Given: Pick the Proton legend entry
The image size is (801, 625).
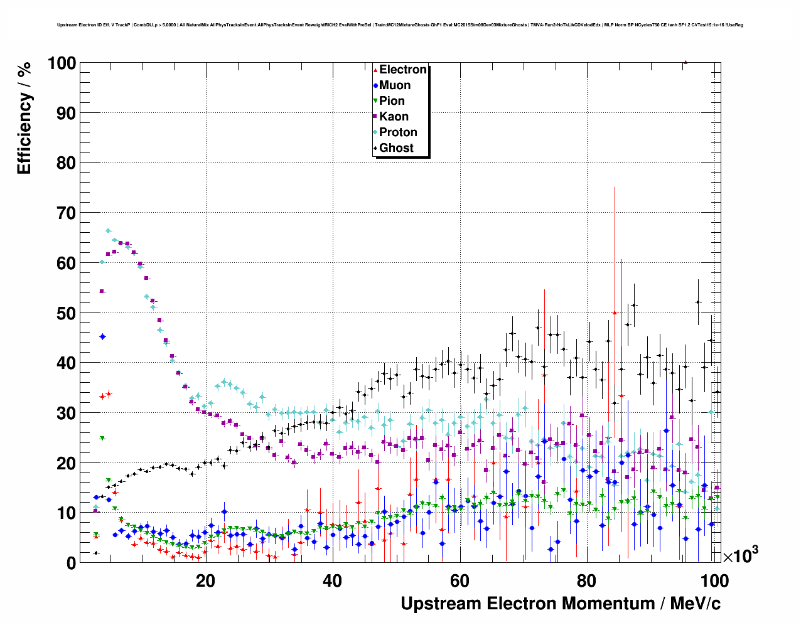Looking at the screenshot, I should pyautogui.click(x=397, y=132).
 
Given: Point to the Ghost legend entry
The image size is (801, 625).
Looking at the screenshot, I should pyautogui.click(x=395, y=148).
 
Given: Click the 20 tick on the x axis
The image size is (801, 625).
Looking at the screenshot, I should pyautogui.click(x=205, y=581).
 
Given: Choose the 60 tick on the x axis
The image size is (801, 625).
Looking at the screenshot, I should pyautogui.click(x=460, y=581).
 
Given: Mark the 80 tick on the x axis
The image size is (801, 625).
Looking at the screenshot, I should pyautogui.click(x=586, y=581).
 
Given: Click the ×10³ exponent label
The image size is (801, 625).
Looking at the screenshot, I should pyautogui.click(x=740, y=555).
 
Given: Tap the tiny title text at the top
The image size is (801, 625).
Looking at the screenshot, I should pyautogui.click(x=400, y=25).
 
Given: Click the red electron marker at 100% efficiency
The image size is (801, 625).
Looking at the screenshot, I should pyautogui.click(x=685, y=62).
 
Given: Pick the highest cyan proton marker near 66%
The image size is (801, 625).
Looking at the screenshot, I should pyautogui.click(x=108, y=231).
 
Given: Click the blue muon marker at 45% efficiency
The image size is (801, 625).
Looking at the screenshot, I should pyautogui.click(x=102, y=337).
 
